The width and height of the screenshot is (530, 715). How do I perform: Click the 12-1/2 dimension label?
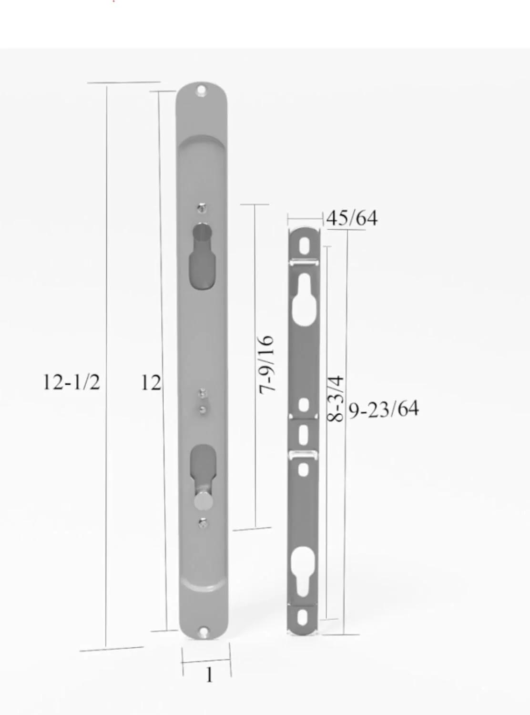[71, 382]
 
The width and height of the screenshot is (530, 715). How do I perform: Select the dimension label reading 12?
[150, 383]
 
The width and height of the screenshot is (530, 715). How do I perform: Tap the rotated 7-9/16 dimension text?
[267, 365]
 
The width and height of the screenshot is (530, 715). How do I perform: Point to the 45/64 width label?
[352, 218]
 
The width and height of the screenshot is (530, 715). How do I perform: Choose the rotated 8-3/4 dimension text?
[336, 398]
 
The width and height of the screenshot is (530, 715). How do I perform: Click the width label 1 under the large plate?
[209, 674]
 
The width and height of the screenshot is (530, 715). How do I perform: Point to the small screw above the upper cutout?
[203, 207]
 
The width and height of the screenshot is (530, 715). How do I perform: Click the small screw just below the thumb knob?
[203, 523]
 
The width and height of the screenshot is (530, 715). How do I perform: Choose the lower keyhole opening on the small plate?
[304, 571]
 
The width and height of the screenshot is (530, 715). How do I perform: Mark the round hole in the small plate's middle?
[304, 405]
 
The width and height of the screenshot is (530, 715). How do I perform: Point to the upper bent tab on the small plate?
[304, 261]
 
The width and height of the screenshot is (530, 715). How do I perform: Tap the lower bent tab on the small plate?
[304, 455]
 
